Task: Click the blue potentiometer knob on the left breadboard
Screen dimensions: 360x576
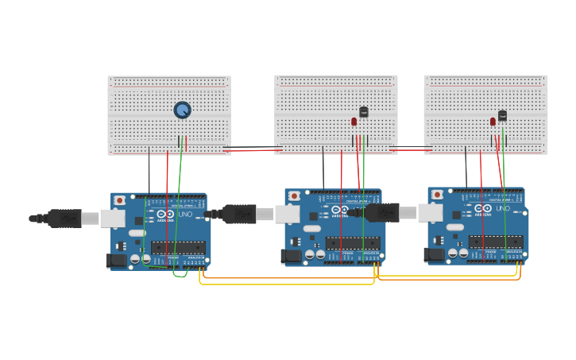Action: coord(182,110)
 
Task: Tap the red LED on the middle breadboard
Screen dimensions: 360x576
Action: coord(354,122)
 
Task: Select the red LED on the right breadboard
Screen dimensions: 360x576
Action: coord(493,122)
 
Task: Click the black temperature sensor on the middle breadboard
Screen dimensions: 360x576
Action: coord(364,112)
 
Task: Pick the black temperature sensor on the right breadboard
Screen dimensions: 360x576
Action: coord(502,115)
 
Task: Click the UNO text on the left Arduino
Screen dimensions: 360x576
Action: coord(184,215)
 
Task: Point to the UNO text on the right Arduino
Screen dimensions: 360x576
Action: coord(502,209)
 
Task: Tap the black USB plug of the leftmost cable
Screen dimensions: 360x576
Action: coord(64,218)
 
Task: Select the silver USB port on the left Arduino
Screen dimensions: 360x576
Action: coord(112,219)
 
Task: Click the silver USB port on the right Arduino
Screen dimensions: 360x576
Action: coord(430,212)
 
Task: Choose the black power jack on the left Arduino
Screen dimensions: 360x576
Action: coord(116,260)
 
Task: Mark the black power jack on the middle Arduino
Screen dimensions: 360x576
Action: coord(291,256)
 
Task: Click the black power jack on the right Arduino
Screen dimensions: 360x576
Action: coord(434,254)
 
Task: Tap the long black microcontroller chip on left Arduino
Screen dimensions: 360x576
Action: coord(178,248)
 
